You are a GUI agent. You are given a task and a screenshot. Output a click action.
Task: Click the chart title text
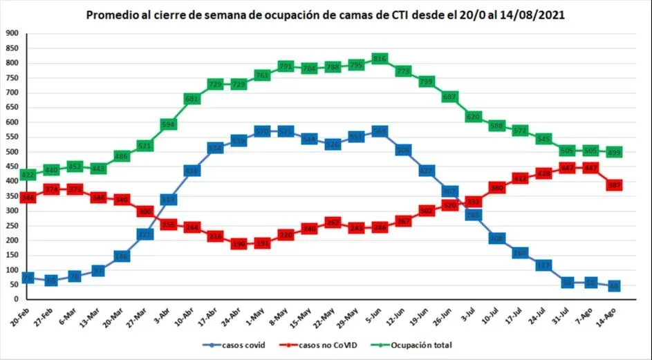326,15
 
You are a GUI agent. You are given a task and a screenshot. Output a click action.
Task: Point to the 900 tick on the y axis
11,33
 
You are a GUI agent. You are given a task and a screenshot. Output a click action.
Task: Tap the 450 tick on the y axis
11,167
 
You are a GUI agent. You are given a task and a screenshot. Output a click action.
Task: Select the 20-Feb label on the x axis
20,314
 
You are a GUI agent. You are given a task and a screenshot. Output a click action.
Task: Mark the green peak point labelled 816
380,59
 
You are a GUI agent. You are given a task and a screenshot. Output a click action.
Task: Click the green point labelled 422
28,175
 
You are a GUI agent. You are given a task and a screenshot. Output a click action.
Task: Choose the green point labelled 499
614,152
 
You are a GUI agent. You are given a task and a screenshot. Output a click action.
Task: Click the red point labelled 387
614,185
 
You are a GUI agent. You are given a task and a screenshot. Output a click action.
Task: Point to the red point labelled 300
145,211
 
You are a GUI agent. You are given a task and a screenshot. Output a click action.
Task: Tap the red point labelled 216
215,236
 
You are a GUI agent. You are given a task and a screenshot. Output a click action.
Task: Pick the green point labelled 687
450,97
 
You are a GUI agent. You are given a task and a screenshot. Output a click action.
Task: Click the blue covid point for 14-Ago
614,285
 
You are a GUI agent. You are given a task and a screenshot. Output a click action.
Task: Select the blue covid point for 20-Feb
28,277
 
